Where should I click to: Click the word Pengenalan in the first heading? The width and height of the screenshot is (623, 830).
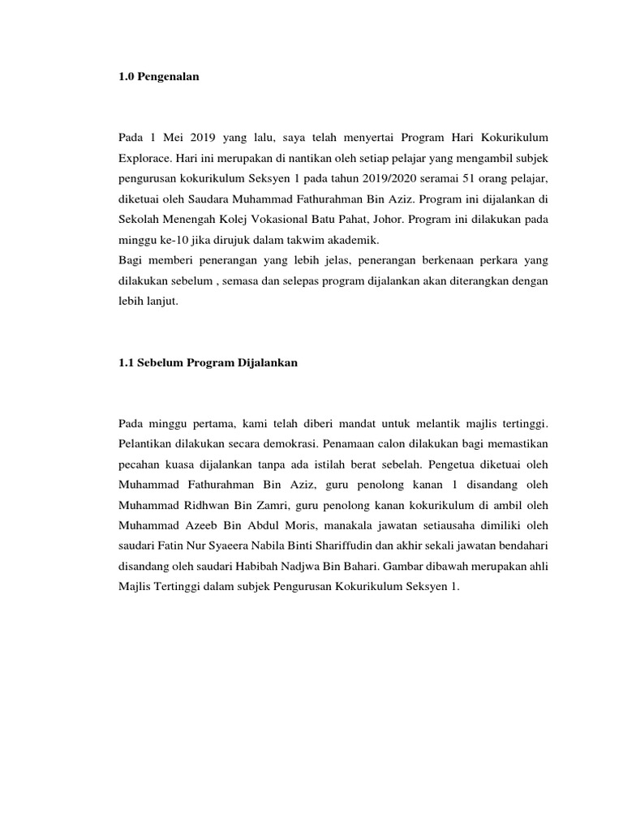[169, 77]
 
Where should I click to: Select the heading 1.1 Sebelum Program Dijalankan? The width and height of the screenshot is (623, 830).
[208, 364]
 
